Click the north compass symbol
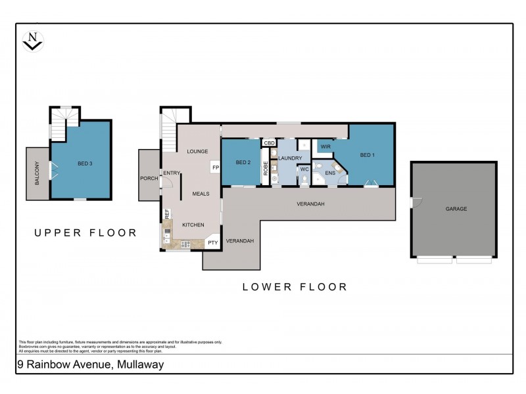(32, 41)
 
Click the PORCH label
(148, 178)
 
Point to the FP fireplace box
(215, 167)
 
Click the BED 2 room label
(243, 162)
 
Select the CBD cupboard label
(269, 142)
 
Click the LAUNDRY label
(290, 158)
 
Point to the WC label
(304, 169)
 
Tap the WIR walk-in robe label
(325, 146)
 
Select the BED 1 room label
(368, 155)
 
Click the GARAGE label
(456, 209)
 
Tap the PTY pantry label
(212, 242)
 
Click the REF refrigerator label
(167, 213)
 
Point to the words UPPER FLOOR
(85, 232)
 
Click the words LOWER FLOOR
(295, 286)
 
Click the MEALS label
(201, 194)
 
